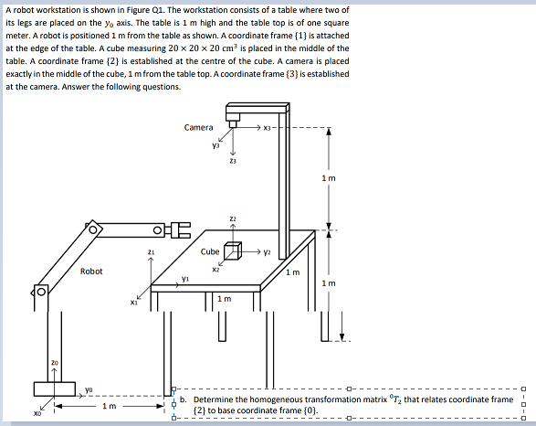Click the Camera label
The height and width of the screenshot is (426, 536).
198,127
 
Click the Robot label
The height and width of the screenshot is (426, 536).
91,271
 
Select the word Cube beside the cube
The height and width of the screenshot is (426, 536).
210,250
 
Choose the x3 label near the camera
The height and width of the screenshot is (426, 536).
268,127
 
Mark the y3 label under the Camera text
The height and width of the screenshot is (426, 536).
215,144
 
